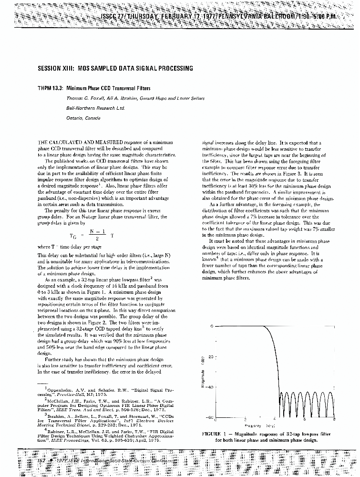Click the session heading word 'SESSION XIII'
[54, 68]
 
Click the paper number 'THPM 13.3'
[50, 89]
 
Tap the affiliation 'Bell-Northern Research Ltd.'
[95, 108]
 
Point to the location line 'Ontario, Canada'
[83, 118]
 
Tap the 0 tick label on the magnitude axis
[210, 326]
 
